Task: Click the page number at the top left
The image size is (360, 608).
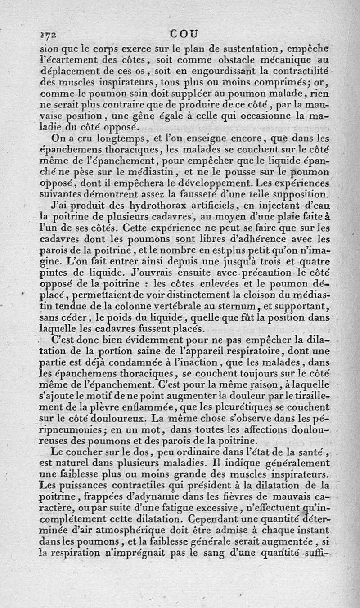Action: click(46, 34)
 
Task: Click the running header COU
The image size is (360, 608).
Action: click(185, 33)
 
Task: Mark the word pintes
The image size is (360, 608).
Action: click(52, 272)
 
